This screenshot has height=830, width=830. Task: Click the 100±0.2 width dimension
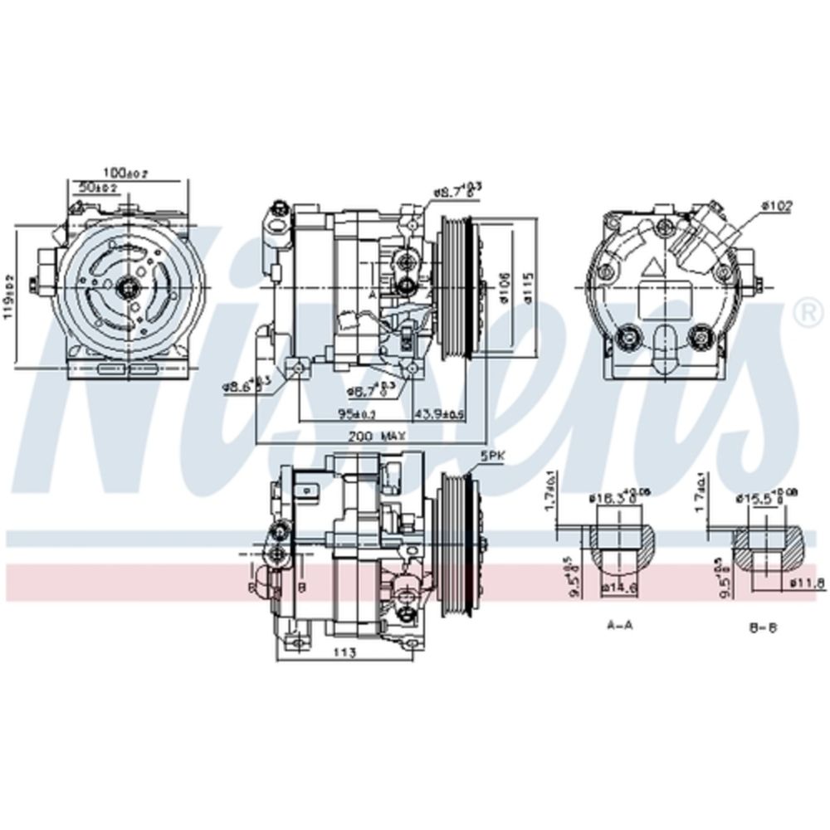126,173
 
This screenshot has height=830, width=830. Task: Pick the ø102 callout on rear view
778,204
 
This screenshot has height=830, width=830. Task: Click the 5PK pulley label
491,456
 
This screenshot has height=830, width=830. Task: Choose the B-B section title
762,627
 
